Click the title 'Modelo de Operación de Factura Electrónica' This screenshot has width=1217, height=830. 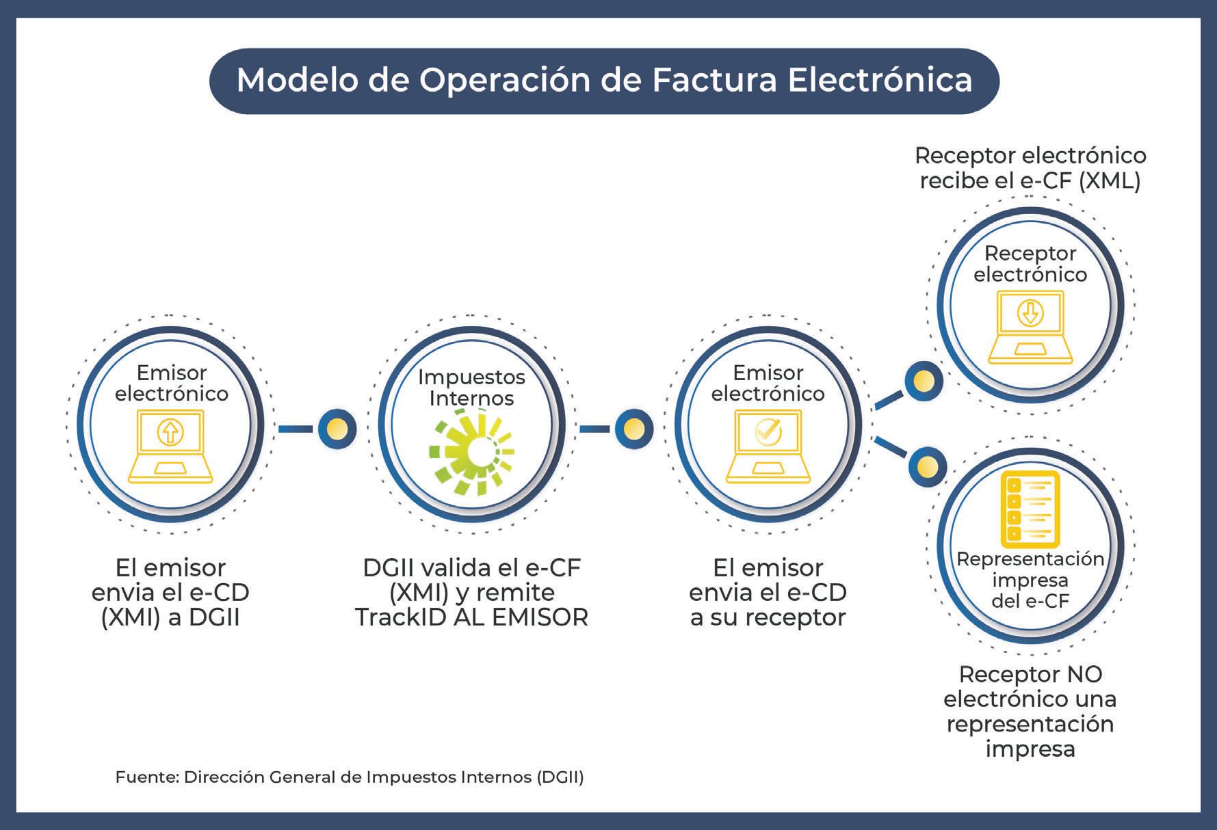[x=604, y=80]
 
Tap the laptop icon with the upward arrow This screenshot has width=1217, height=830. [x=170, y=445]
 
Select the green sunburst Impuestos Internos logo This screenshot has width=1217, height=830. [x=471, y=451]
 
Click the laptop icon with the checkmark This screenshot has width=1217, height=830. [x=767, y=445]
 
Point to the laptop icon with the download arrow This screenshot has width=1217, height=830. [x=1030, y=326]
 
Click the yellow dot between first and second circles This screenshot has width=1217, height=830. [x=337, y=429]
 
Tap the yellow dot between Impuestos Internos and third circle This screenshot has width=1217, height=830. [x=633, y=429]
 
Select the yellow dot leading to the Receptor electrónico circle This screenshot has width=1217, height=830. [x=924, y=381]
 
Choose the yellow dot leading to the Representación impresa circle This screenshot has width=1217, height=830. [x=927, y=467]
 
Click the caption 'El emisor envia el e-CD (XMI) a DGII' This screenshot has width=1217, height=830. [x=170, y=593]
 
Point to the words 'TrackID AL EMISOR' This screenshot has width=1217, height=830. [x=471, y=618]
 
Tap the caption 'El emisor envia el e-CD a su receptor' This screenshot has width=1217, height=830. [x=768, y=593]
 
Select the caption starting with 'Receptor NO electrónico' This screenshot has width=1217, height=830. [x=1030, y=711]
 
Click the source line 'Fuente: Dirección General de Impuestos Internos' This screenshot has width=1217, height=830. [x=350, y=777]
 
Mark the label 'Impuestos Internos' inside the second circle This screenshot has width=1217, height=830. [x=471, y=387]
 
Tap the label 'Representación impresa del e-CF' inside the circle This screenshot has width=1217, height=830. [x=1030, y=580]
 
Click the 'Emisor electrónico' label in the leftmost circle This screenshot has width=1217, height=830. [x=171, y=383]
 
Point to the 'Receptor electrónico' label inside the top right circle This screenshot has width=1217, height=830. [x=1030, y=264]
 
